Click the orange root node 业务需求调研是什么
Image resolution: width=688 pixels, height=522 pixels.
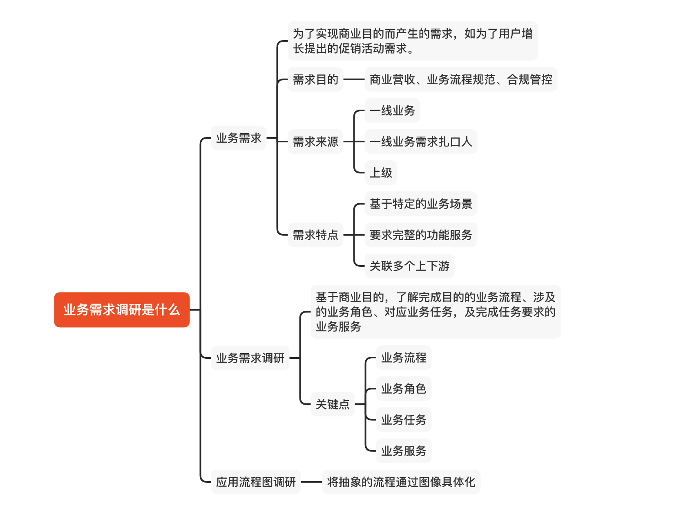(x=122, y=310)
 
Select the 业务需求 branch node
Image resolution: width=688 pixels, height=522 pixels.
(x=239, y=138)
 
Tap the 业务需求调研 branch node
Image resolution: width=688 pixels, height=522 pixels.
(x=250, y=358)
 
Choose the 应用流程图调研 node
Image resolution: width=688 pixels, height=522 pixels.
(x=256, y=482)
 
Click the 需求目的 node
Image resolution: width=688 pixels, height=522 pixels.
(x=315, y=79)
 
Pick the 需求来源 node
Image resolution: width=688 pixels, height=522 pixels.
(x=315, y=142)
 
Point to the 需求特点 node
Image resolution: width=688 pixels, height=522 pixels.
(x=315, y=235)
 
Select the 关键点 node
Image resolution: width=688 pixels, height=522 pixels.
(x=333, y=404)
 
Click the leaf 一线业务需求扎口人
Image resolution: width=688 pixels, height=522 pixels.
(x=421, y=142)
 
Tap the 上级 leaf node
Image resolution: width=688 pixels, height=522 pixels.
(x=381, y=173)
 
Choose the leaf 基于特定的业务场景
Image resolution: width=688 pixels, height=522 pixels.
(x=421, y=204)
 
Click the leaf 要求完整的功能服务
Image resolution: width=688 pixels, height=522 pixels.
(x=421, y=235)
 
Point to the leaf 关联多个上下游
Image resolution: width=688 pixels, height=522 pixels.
(x=409, y=266)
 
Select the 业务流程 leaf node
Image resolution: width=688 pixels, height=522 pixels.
(x=404, y=358)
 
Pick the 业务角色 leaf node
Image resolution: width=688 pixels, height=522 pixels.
(x=404, y=389)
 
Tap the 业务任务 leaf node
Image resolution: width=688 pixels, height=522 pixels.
(x=404, y=420)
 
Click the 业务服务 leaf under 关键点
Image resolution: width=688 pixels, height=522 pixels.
(x=404, y=451)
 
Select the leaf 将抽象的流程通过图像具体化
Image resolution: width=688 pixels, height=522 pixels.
(x=401, y=482)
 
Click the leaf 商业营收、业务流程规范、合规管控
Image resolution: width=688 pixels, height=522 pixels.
(x=461, y=79)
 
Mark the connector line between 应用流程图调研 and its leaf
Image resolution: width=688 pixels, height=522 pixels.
(x=312, y=482)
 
